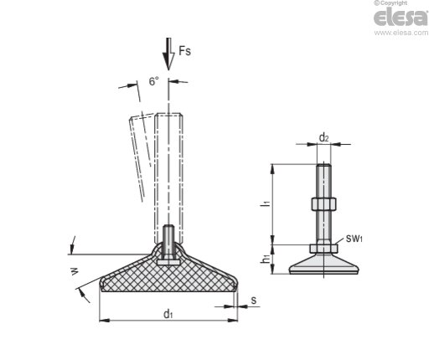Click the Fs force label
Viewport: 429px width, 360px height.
click(185, 51)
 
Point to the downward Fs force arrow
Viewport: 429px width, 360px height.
click(168, 54)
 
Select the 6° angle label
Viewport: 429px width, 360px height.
click(154, 81)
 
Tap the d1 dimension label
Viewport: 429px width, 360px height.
click(168, 314)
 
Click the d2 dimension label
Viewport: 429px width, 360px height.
click(323, 137)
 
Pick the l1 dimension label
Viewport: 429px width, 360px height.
click(267, 203)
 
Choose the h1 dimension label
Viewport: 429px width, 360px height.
click(266, 259)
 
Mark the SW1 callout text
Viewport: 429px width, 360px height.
click(354, 239)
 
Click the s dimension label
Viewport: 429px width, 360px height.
click(253, 301)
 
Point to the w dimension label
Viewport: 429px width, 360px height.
click(75, 271)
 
